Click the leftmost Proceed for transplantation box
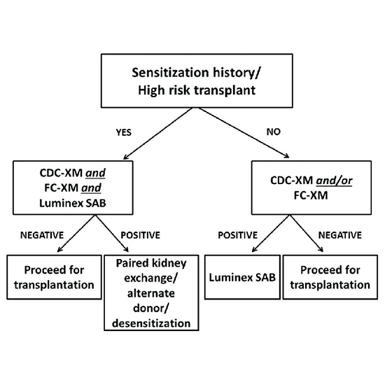click(55, 279)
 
